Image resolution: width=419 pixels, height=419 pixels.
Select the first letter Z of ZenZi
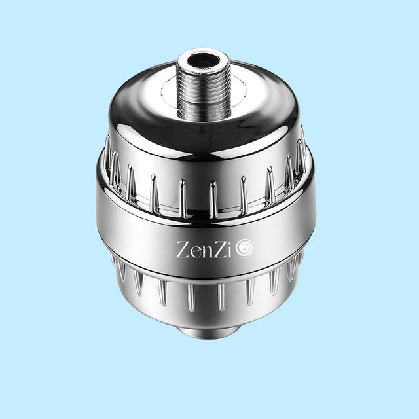click(x=183, y=249)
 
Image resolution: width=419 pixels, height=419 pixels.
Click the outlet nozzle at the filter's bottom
click(x=206, y=331)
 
